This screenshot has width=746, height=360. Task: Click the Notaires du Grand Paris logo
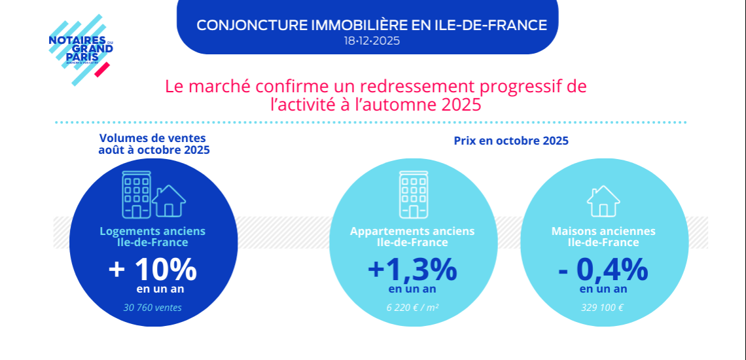tap(80, 50)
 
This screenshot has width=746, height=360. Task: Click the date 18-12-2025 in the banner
tap(372, 41)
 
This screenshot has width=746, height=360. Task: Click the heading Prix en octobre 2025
tap(511, 141)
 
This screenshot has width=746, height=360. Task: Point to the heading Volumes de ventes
tap(152, 138)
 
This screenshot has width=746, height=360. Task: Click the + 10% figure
tap(152, 269)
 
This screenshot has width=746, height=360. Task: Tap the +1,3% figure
tap(412, 269)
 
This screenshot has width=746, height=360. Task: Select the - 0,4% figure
tap(603, 269)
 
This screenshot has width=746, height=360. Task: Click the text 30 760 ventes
tap(152, 307)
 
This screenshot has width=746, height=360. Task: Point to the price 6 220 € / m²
tap(412, 307)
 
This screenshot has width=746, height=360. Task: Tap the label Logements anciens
tap(152, 231)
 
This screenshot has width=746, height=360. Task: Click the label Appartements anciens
tap(412, 231)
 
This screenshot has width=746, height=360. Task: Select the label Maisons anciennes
tap(603, 231)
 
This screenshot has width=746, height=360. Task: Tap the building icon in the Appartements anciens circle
tap(413, 194)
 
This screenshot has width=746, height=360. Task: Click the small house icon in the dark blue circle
tap(169, 201)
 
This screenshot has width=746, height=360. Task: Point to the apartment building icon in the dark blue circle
tap(136, 194)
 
